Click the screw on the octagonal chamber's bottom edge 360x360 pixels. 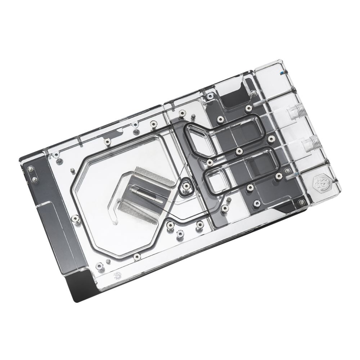(x=137, y=256)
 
